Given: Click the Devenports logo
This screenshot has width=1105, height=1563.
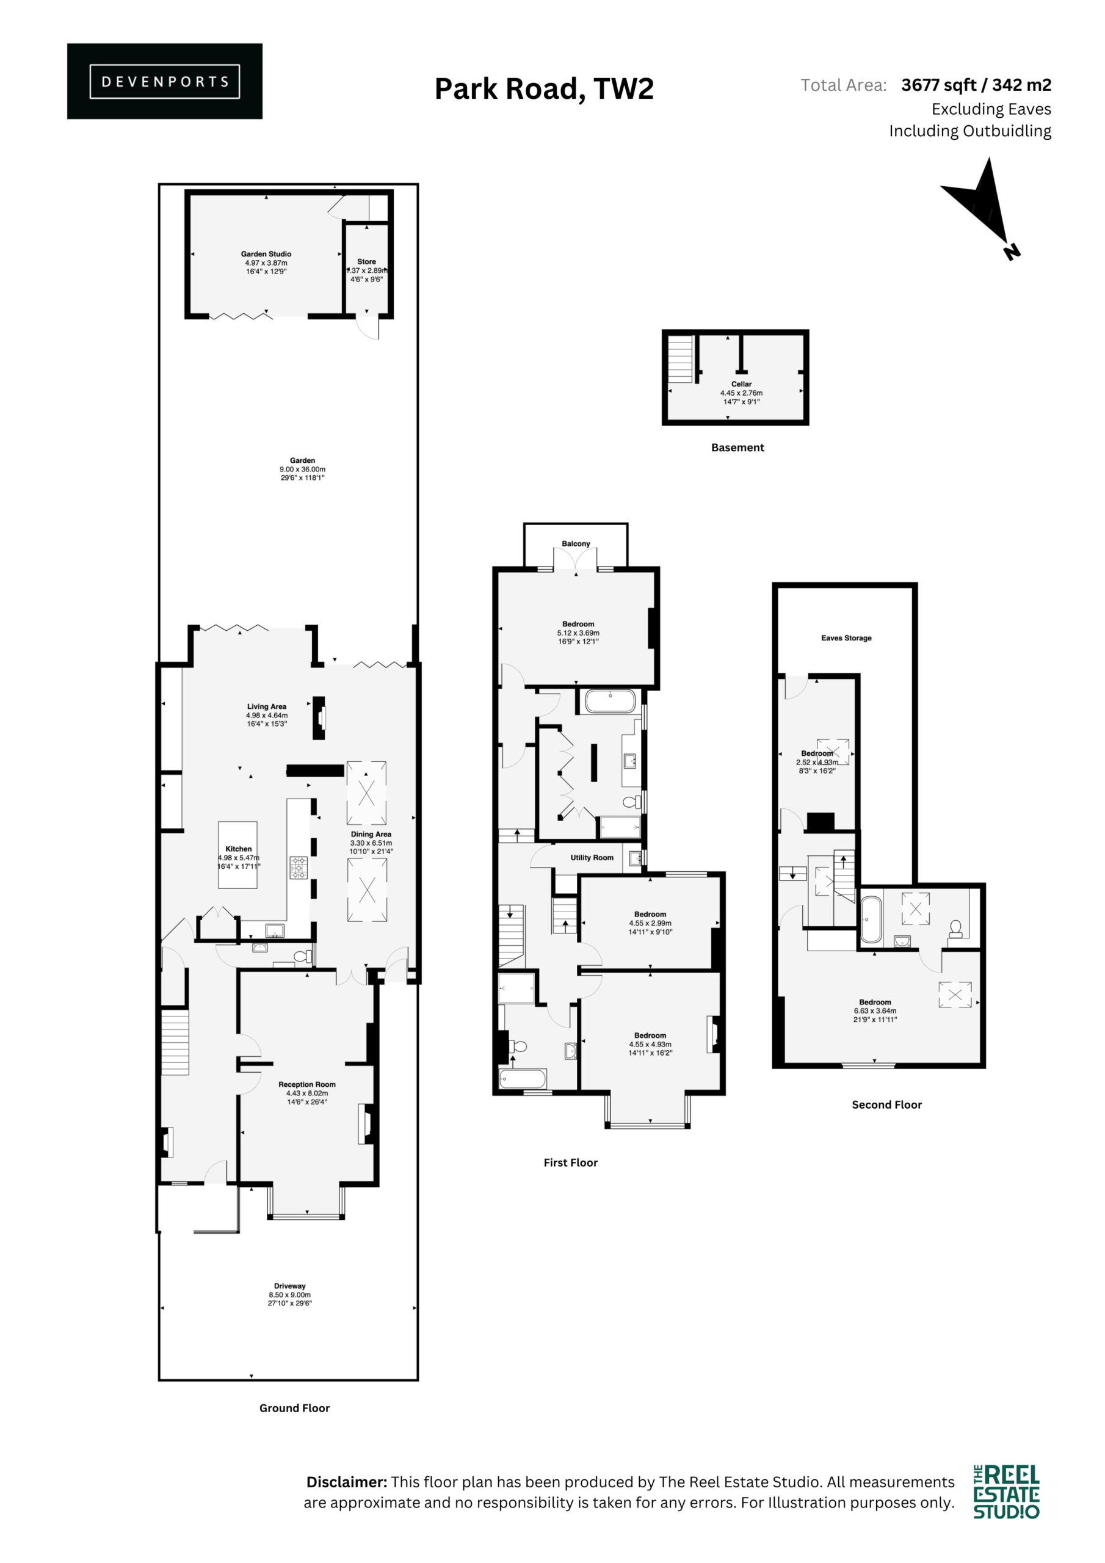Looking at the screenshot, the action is tap(165, 81).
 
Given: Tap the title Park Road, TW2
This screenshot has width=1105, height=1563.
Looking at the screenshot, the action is tap(544, 89).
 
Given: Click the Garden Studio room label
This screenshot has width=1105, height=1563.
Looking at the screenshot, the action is tap(266, 254).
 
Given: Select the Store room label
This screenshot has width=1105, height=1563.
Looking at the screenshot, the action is tap(366, 261).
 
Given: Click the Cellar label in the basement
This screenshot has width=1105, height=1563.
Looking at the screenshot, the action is tap(741, 384).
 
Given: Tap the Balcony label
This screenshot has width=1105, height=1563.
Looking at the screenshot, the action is tap(576, 544).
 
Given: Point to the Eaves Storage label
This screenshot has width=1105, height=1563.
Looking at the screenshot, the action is tap(846, 638).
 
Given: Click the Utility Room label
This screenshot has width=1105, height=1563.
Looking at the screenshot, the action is tap(592, 858).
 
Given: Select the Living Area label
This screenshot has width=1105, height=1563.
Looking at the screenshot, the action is tap(267, 706).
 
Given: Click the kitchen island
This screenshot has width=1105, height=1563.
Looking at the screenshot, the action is tap(237, 855).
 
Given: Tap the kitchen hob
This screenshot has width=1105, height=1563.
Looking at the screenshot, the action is tap(298, 867).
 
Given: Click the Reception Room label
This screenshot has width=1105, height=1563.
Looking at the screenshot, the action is tap(307, 1084).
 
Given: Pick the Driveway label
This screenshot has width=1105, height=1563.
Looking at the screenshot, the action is tap(290, 1286).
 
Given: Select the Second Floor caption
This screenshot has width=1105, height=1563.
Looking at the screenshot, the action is tap(886, 1105).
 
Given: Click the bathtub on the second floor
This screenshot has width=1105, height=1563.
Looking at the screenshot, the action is tap(871, 919).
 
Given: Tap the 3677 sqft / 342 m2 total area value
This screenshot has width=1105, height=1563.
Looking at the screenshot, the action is tap(976, 85).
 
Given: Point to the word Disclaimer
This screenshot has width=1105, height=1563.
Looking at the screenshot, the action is tap(347, 1482).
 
